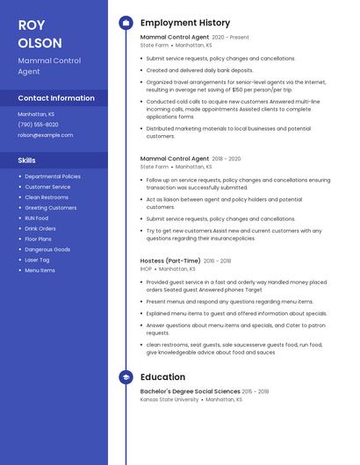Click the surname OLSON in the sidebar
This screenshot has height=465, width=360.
click(40, 43)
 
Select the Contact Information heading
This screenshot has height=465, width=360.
click(56, 98)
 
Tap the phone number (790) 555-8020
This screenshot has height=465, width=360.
click(39, 125)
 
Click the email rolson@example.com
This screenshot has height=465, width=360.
click(46, 135)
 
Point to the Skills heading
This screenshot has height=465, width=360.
click(27, 161)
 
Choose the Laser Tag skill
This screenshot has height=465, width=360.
click(37, 260)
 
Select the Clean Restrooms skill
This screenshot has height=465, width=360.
click(47, 197)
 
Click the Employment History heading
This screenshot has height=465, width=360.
click(185, 23)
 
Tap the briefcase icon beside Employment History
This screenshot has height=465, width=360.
click(126, 23)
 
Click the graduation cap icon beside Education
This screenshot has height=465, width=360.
click(126, 377)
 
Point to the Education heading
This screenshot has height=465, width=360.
click(162, 377)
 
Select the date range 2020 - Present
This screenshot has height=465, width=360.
click(231, 38)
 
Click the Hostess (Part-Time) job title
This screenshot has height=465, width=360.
click(170, 261)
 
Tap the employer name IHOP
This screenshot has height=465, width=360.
click(146, 268)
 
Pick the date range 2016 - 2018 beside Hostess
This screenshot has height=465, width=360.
click(217, 261)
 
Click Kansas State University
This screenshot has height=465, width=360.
click(169, 399)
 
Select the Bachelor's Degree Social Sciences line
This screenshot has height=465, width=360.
click(190, 391)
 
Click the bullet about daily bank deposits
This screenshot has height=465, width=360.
click(199, 70)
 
